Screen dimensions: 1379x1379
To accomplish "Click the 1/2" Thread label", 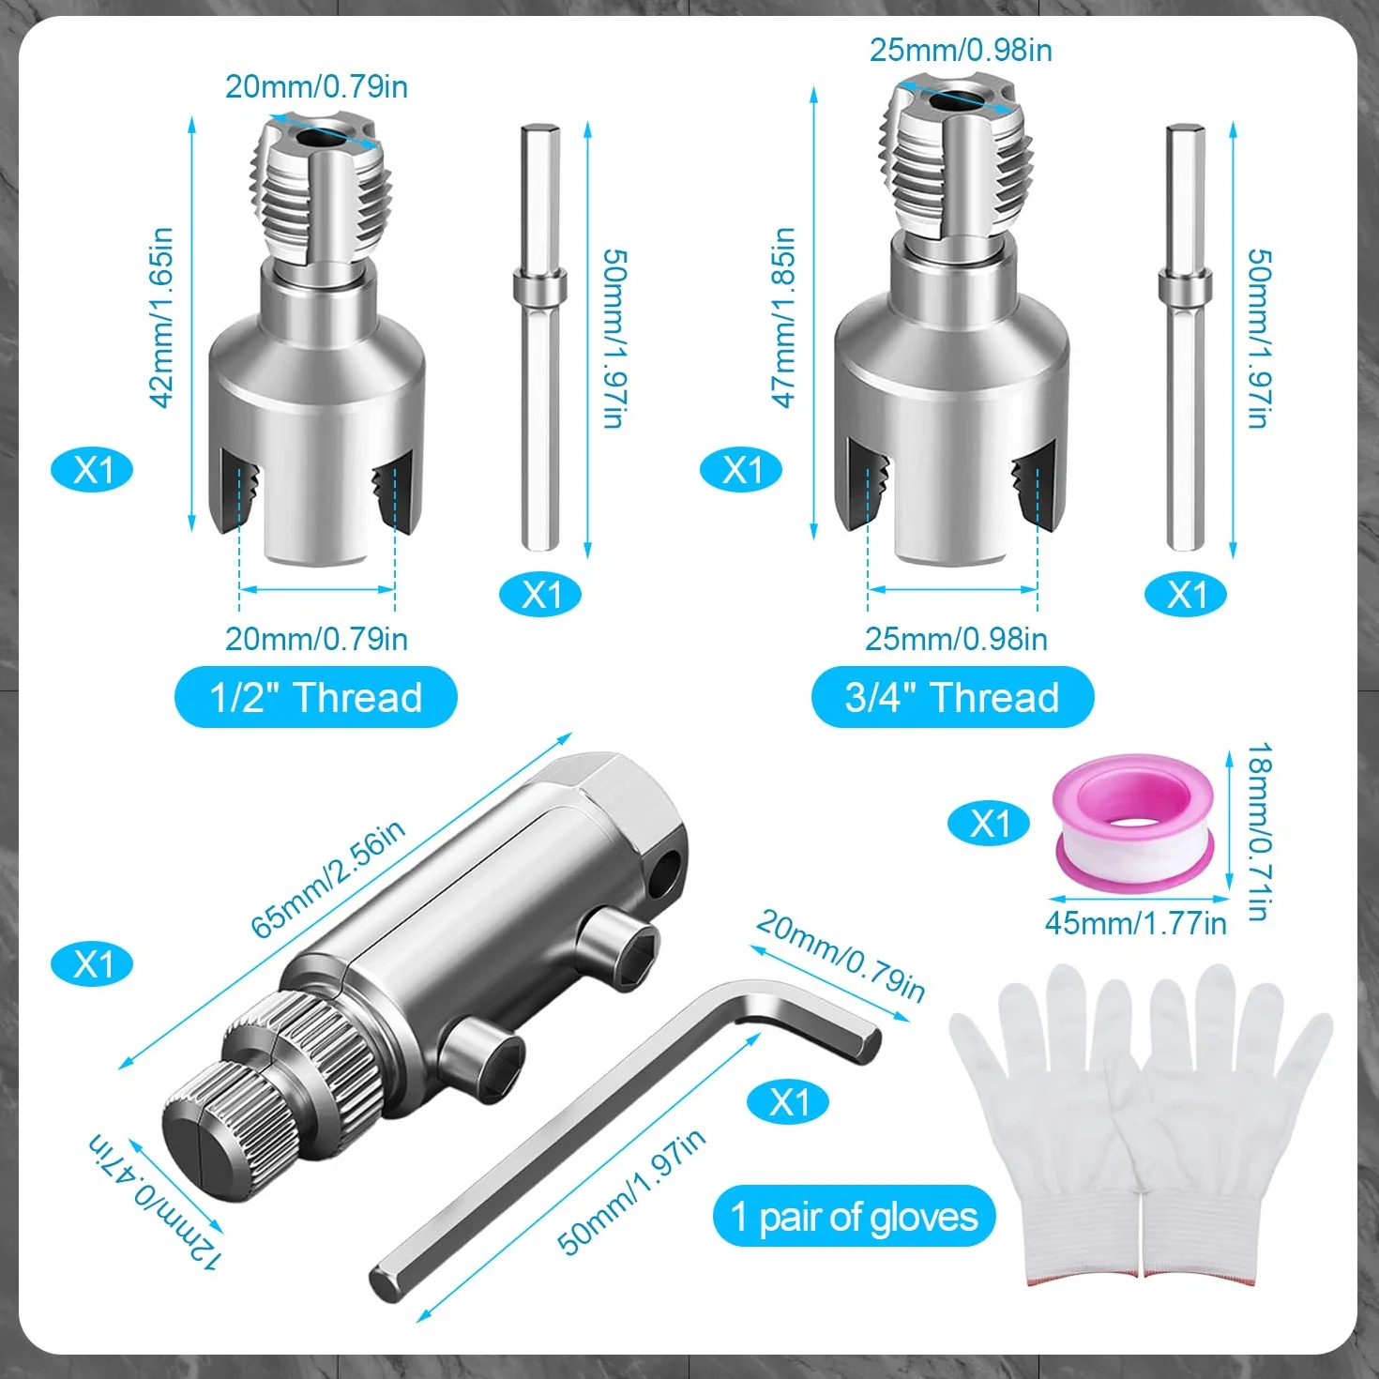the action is tap(315, 697).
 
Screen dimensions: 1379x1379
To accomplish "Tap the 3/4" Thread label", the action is tap(952, 697).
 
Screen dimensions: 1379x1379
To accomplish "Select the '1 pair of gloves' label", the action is tap(854, 1216).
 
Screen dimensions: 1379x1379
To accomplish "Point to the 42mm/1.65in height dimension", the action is tap(161, 318).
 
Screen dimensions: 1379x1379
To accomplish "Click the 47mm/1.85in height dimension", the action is tap(784, 318).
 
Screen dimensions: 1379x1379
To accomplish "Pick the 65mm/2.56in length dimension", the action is tap(328, 877).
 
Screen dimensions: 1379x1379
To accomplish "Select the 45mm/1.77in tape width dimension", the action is tap(1136, 923).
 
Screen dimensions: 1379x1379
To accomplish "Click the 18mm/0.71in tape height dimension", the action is tap(1259, 831).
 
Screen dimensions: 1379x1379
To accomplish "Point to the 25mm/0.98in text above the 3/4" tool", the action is tap(961, 50).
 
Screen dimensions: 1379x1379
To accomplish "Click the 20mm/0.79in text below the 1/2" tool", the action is tap(316, 639).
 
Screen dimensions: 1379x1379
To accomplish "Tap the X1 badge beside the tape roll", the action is tap(989, 824).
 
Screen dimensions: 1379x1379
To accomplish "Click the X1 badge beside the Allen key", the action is tap(788, 1103).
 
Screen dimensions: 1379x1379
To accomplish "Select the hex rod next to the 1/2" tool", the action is tap(540, 338).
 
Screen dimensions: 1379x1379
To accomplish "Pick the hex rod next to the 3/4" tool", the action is tap(1185, 338).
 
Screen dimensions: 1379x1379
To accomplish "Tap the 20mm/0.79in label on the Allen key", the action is tap(841, 956).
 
